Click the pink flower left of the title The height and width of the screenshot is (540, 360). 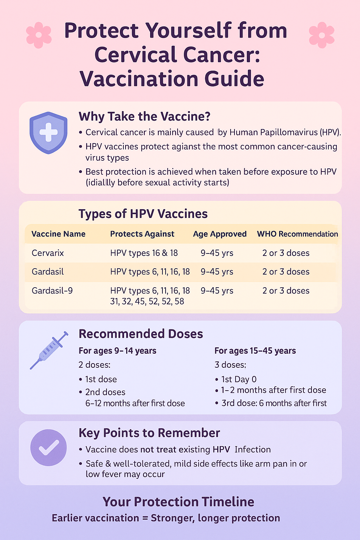tap(39, 35)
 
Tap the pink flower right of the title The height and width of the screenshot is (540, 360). tap(322, 35)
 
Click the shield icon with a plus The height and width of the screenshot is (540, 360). tap(49, 133)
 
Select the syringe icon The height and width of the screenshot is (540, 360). tap(49, 350)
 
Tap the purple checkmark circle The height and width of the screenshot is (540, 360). tap(49, 448)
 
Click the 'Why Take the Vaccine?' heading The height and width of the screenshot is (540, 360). tap(144, 117)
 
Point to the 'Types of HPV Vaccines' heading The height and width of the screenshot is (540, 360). tap(143, 214)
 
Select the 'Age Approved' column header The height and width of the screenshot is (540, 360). tap(220, 234)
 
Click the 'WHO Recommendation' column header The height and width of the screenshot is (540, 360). tap(297, 234)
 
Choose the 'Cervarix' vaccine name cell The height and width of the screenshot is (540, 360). tap(48, 253)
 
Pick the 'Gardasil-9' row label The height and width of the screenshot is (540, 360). tap(52, 291)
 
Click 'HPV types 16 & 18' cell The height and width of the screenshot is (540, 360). tap(144, 253)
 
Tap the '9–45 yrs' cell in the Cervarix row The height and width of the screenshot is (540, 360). tap(217, 253)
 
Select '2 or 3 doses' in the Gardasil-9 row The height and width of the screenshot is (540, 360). tap(286, 291)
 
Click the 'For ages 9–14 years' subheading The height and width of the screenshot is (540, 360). tap(117, 351)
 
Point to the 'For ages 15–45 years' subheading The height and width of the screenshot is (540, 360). tap(255, 351)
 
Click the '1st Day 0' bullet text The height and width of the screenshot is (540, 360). tap(239, 380)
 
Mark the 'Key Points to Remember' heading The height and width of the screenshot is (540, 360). tap(149, 433)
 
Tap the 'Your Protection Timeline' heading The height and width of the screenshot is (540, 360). tap(179, 502)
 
